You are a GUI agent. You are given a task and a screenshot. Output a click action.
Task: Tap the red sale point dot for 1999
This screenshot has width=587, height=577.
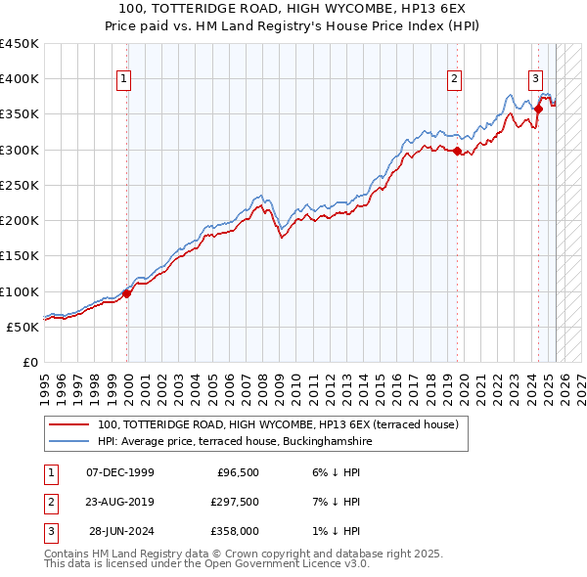127,293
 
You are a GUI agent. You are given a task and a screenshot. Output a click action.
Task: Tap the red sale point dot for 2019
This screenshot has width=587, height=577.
458,151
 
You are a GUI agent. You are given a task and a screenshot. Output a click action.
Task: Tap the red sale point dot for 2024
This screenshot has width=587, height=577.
538,109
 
